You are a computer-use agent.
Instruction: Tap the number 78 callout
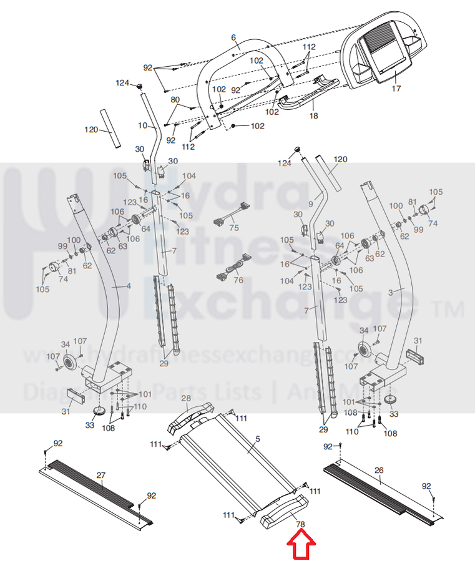301,525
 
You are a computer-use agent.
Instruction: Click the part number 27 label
101,476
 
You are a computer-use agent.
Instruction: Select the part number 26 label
379,470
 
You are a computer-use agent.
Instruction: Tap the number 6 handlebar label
234,38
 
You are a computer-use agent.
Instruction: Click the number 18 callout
313,116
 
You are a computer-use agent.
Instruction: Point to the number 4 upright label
129,286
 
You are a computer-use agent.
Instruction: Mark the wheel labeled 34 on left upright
69,364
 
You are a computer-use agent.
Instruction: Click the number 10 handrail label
142,125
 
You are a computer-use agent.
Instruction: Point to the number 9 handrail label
310,204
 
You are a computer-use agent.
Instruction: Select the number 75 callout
234,228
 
